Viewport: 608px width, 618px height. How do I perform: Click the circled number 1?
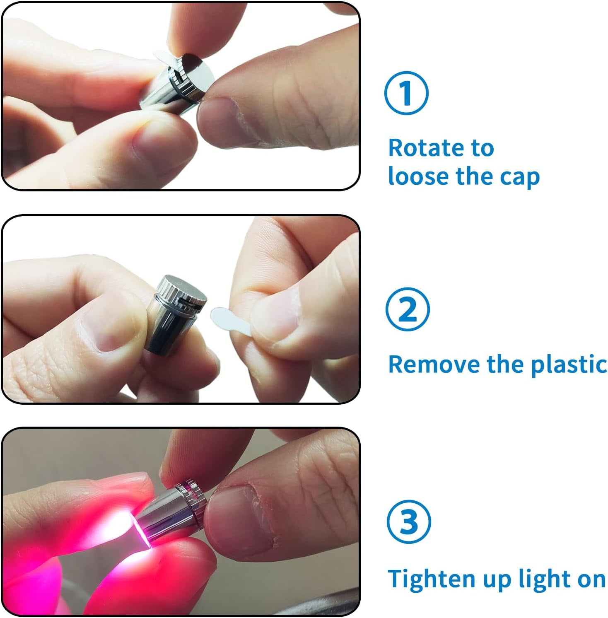pyautogui.click(x=406, y=93)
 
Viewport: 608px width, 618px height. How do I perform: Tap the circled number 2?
pyautogui.click(x=408, y=309)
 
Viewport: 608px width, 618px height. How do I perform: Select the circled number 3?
pyautogui.click(x=409, y=522)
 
